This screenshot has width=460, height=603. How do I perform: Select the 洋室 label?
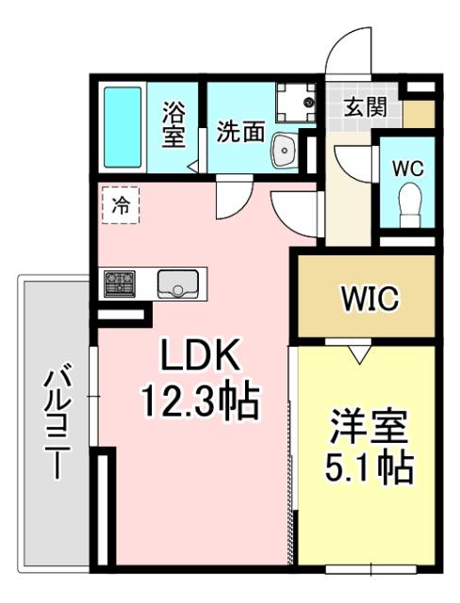pyautogui.click(x=368, y=426)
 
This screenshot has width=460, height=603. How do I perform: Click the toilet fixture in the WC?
pyautogui.click(x=409, y=202)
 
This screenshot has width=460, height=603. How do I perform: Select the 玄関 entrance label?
pyautogui.click(x=364, y=106)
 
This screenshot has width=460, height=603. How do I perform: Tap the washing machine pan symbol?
pyautogui.click(x=295, y=102)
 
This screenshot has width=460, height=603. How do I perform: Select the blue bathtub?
pyautogui.click(x=122, y=127)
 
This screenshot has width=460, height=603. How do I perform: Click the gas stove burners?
pyautogui.click(x=121, y=283)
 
